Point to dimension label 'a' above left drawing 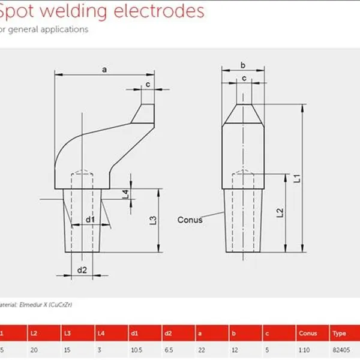click(104, 70)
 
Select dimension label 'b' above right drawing click(242, 65)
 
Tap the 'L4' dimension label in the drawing click(125, 194)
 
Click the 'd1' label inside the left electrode click(90, 220)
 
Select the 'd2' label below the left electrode click(82, 270)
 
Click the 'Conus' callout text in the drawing click(190, 220)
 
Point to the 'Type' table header click(339, 333)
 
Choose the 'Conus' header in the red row click(308, 333)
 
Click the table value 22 click(202, 350)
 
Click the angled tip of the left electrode click(146, 113)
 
